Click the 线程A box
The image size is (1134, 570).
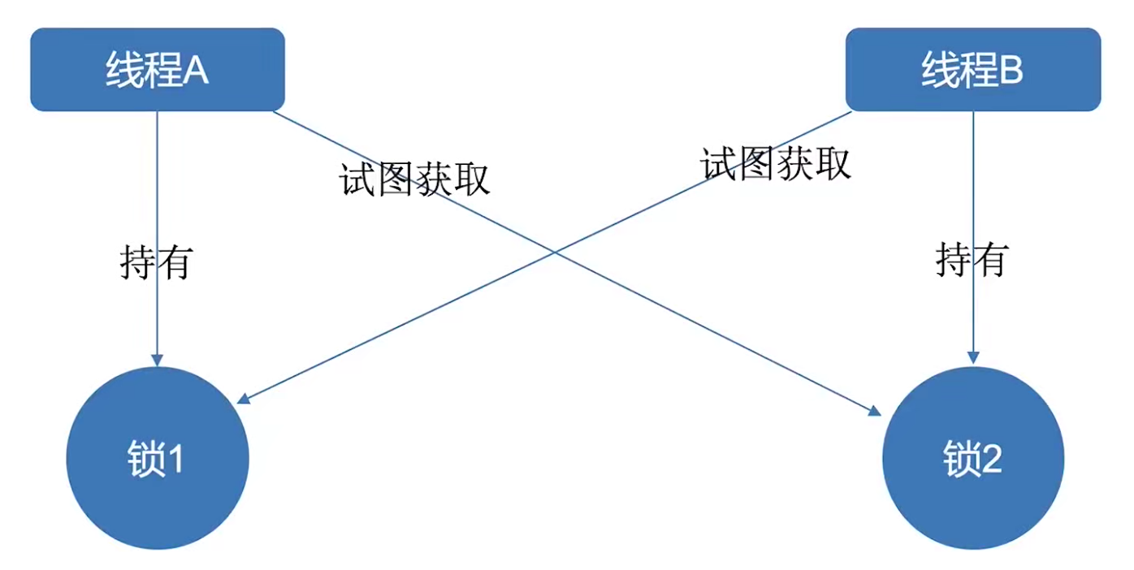pyautogui.click(x=158, y=70)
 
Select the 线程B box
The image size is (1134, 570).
pyautogui.click(x=973, y=70)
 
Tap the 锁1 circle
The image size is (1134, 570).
pyautogui.click(x=158, y=460)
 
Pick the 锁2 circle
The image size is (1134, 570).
pyautogui.click(x=973, y=460)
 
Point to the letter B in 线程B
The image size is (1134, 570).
pyautogui.click(x=1011, y=71)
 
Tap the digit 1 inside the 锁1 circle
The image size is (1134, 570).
pyautogui.click(x=175, y=460)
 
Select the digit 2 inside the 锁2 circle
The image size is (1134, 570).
pyautogui.click(x=992, y=460)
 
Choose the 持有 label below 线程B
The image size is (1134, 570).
pyautogui.click(x=972, y=261)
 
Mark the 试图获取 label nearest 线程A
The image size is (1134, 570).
pyautogui.click(x=415, y=179)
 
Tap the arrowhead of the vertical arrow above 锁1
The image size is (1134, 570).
pyautogui.click(x=158, y=360)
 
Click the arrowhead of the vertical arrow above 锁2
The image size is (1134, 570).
pyautogui.click(x=973, y=358)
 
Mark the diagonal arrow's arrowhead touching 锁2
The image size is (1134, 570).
pyautogui.click(x=875, y=412)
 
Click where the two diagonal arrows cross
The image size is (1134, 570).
pyautogui.click(x=554, y=252)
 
